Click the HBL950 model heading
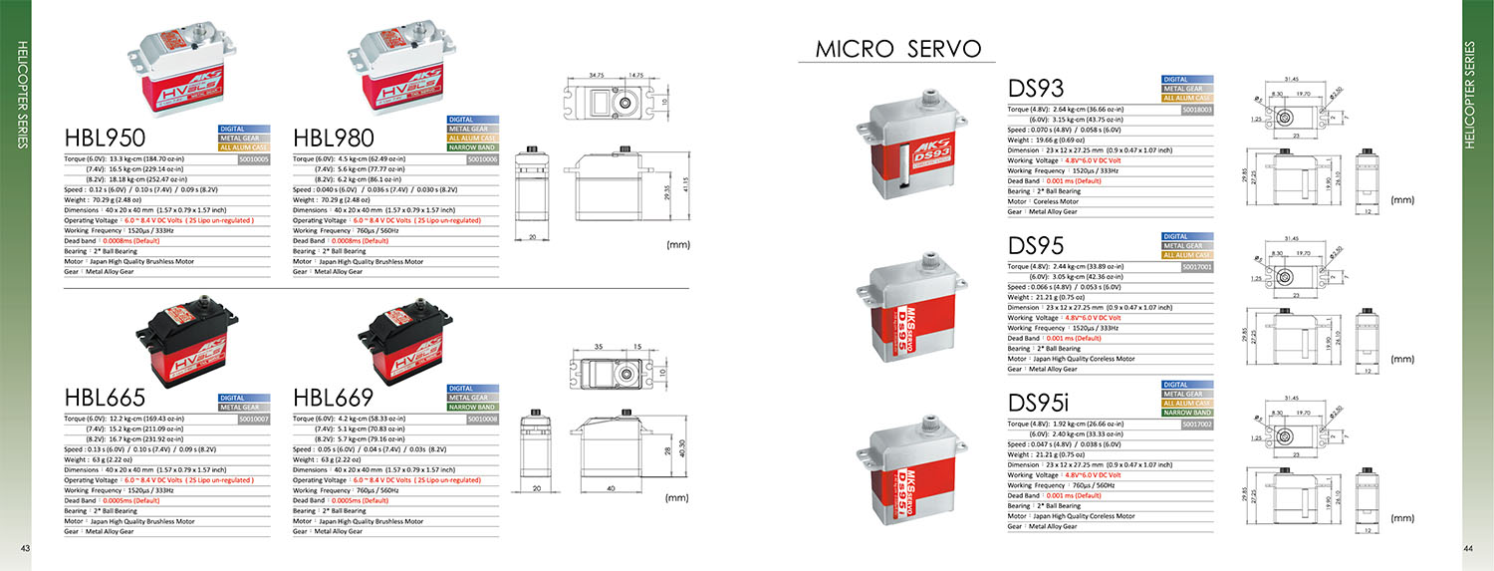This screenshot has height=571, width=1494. pyautogui.click(x=105, y=138)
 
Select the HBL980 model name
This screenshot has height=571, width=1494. pyautogui.click(x=334, y=138)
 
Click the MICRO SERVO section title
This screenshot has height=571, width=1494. pyautogui.click(x=898, y=49)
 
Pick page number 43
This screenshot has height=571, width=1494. pyautogui.click(x=26, y=549)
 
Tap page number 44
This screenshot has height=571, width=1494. pyautogui.click(x=1468, y=549)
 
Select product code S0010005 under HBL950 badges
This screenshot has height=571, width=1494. pyautogui.click(x=254, y=158)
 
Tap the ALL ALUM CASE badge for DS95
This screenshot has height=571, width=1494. pyautogui.click(x=1186, y=255)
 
